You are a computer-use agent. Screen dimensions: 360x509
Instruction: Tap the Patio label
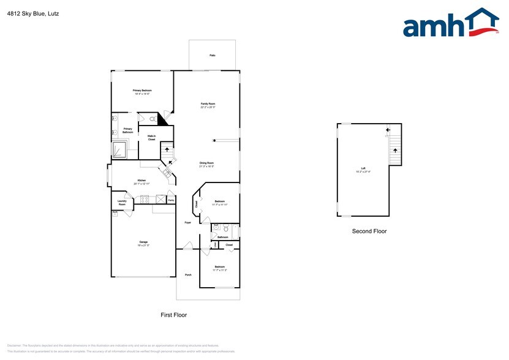click(212, 55)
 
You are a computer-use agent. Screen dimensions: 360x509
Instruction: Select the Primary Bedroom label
click(142, 91)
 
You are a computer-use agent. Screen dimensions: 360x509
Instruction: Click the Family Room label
click(208, 104)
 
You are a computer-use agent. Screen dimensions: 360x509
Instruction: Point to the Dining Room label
click(206, 163)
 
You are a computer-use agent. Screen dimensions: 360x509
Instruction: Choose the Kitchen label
click(141, 180)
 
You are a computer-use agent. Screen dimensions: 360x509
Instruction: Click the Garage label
click(143, 242)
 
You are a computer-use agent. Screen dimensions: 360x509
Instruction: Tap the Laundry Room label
click(122, 202)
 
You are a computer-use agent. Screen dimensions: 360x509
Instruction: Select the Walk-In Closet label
click(151, 138)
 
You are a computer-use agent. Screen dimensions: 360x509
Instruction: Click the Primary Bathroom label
click(127, 130)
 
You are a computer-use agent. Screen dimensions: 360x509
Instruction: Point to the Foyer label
click(188, 222)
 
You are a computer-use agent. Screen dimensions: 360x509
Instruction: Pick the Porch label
click(188, 275)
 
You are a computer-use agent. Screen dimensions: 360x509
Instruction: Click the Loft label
click(363, 169)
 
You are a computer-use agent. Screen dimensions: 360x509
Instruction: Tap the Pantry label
click(171, 200)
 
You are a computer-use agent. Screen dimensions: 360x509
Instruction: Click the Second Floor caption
click(369, 231)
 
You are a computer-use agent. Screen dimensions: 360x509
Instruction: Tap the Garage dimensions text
click(143, 246)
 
